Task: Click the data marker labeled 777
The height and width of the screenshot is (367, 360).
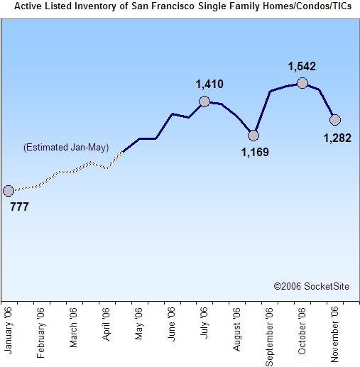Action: point(8,190)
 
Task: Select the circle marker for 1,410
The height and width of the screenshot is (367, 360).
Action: point(204,101)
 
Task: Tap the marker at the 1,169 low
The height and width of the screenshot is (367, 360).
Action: point(253,135)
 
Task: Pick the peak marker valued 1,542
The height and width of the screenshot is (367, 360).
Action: point(302,83)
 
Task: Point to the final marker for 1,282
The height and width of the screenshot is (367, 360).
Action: point(335,119)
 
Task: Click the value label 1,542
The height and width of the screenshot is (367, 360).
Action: point(302,67)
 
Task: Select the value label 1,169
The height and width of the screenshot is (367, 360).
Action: point(255,150)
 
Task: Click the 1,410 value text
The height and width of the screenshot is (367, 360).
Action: point(209,85)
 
